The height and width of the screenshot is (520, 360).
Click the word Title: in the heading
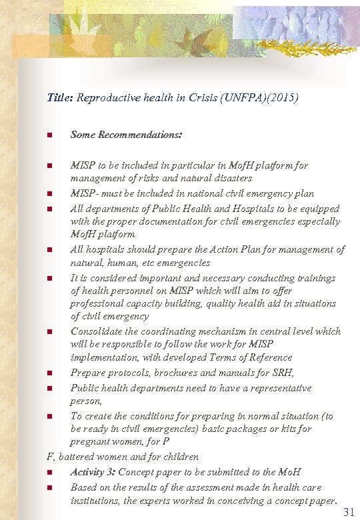(60, 97)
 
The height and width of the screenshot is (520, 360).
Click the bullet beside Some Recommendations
(49, 135)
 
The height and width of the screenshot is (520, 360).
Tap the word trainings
(313, 278)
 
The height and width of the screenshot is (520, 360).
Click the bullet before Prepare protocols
(49, 373)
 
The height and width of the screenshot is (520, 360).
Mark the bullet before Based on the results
(49, 488)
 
